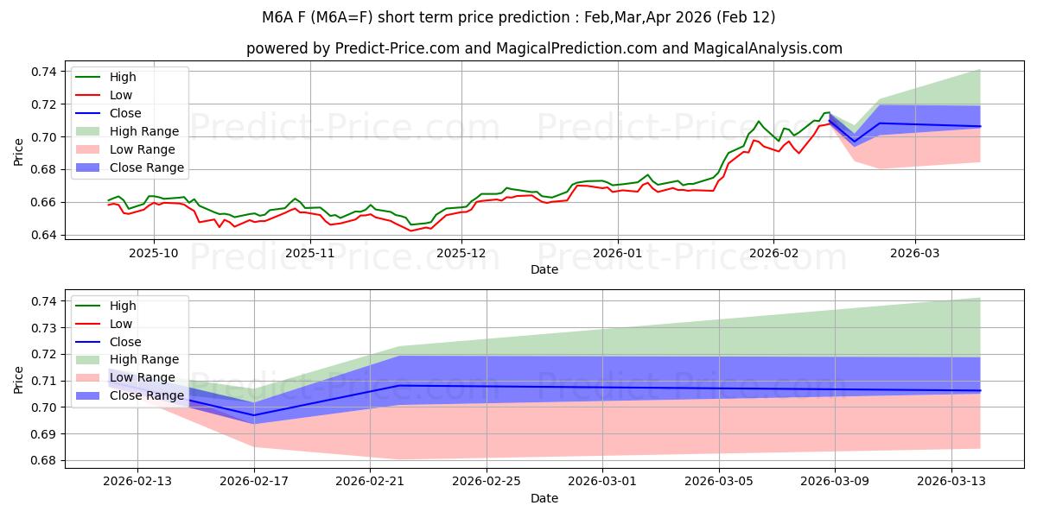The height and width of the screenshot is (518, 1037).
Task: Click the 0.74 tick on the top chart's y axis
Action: pos(44,71)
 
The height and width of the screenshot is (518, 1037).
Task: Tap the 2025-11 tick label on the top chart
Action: pos(309,253)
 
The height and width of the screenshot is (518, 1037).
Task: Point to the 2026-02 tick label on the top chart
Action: pos(773,253)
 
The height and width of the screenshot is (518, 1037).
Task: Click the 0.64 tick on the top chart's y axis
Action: pos(44,235)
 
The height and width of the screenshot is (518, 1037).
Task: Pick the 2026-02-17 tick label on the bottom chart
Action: pos(253,482)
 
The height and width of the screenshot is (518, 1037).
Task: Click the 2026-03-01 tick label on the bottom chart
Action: pos(602,482)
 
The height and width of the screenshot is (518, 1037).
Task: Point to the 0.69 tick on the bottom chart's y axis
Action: pos(44,434)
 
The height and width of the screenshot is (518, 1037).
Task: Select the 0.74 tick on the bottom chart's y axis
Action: pos(44,301)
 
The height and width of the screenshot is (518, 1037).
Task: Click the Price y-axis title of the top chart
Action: pos(19,153)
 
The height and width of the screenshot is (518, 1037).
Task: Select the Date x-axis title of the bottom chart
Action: pos(544,498)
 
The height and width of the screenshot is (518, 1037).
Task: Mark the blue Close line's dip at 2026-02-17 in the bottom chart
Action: pos(254,415)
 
